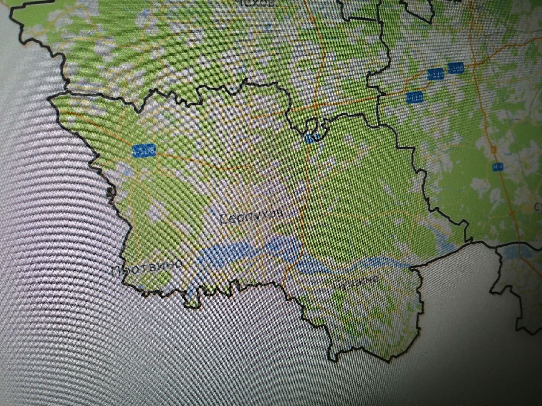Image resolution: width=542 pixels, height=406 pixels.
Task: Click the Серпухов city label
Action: click(x=251, y=217)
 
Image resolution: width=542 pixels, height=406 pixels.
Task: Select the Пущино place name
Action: click(x=357, y=282)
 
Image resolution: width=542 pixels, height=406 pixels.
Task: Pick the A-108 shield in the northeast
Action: click(x=455, y=68)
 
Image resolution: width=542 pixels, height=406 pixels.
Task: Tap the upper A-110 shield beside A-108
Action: click(x=436, y=74)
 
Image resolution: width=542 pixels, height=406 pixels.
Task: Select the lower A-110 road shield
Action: click(x=415, y=97)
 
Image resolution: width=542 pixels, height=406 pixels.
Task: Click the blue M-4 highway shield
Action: click(x=497, y=167)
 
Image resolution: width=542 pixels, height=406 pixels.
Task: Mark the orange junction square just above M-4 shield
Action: click(x=494, y=149)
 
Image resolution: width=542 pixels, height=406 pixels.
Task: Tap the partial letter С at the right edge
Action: click(x=537, y=206)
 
